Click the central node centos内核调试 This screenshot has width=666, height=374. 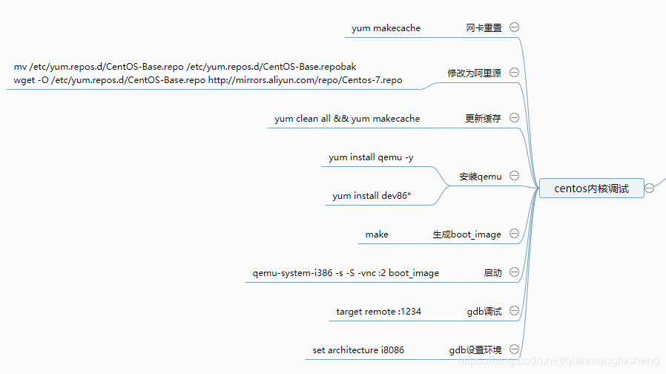(591, 188)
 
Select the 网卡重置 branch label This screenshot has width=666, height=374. (484, 28)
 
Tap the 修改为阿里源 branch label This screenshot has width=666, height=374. (474, 73)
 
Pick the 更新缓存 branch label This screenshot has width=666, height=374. (484, 118)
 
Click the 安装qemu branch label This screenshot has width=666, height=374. (481, 177)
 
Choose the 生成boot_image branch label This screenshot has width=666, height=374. (467, 234)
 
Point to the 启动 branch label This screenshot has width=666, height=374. (492, 273)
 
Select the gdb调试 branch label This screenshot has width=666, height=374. (484, 312)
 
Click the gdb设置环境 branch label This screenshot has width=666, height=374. (475, 350)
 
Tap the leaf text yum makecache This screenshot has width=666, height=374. (386, 28)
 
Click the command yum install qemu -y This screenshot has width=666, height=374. (371, 157)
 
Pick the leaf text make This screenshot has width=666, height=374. (377, 234)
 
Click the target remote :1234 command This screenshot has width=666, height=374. (378, 312)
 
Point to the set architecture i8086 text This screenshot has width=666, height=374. (358, 350)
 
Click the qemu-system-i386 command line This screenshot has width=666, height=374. (346, 273)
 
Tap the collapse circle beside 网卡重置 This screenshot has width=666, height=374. (514, 27)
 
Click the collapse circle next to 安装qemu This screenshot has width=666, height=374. (514, 176)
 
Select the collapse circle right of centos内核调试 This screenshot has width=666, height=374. (650, 188)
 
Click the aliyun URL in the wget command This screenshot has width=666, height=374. (306, 80)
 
